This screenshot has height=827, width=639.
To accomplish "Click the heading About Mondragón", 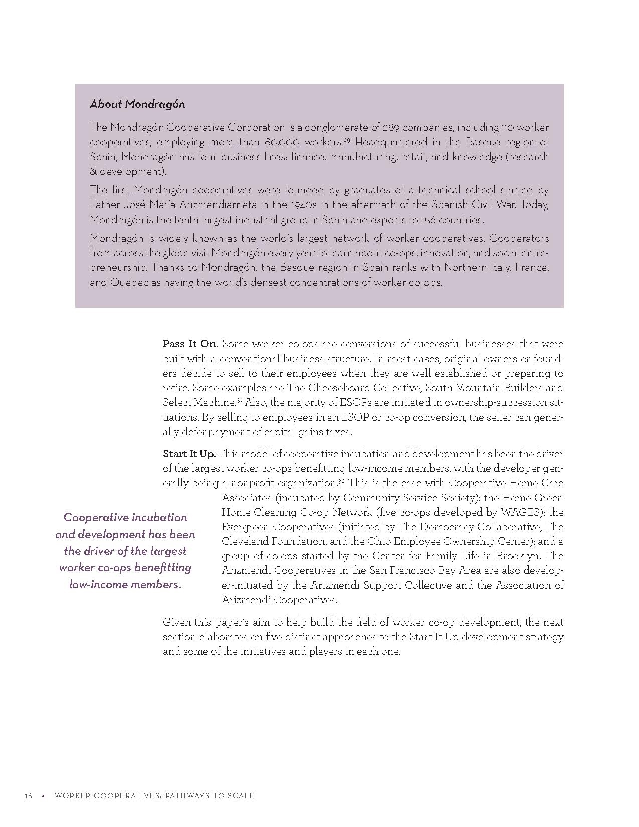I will point(137,104).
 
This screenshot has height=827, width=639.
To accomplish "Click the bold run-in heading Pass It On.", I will point(190,344).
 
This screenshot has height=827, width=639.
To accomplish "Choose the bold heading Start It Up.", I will point(189,454).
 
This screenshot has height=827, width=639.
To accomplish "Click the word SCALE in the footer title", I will point(240,796).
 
